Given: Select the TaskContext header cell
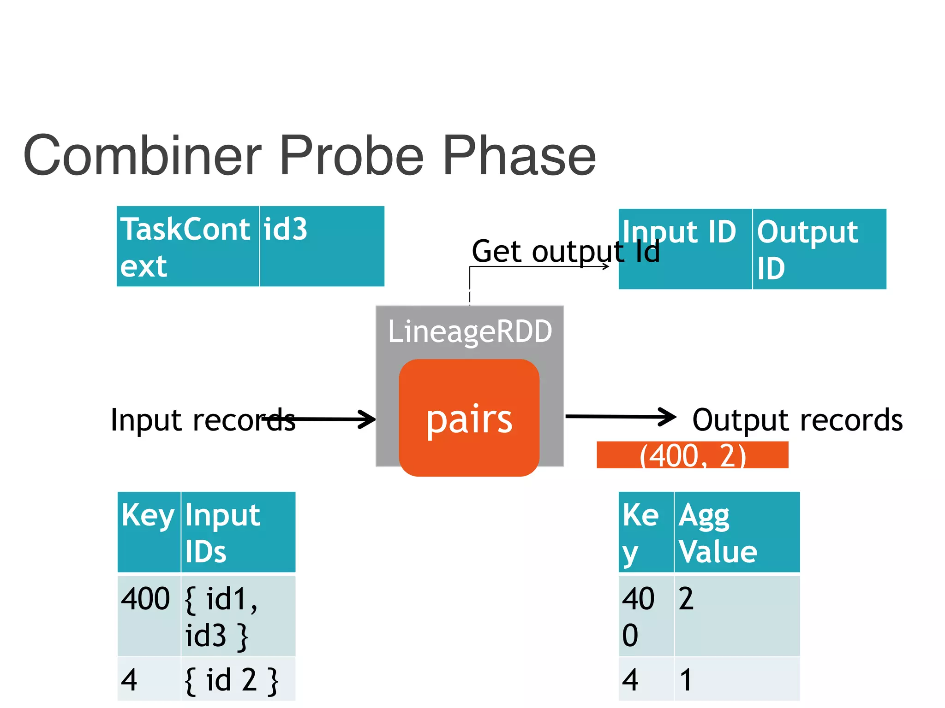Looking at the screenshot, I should pyautogui.click(x=187, y=247).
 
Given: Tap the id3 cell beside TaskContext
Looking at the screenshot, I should pyautogui.click(x=321, y=247).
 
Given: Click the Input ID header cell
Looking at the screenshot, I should pyautogui.click(x=685, y=249).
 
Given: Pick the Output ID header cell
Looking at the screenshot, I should pyautogui.click(x=819, y=249).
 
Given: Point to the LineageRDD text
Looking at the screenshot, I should pyautogui.click(x=470, y=331).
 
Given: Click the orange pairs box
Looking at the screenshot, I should pyautogui.click(x=469, y=418).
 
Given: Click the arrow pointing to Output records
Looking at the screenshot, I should pyautogui.click(x=620, y=417).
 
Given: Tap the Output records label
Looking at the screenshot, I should pyautogui.click(x=797, y=420).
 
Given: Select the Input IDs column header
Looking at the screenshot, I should pyautogui.click(x=238, y=532).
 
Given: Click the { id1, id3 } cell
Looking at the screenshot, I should pyautogui.click(x=238, y=616).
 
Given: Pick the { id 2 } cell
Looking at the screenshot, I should pyautogui.click(x=238, y=679).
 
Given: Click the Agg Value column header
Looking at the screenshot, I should pyautogui.click(x=736, y=532).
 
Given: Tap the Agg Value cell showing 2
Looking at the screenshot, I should pyautogui.click(x=736, y=616).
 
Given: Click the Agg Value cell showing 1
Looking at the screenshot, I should pyautogui.click(x=736, y=679).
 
